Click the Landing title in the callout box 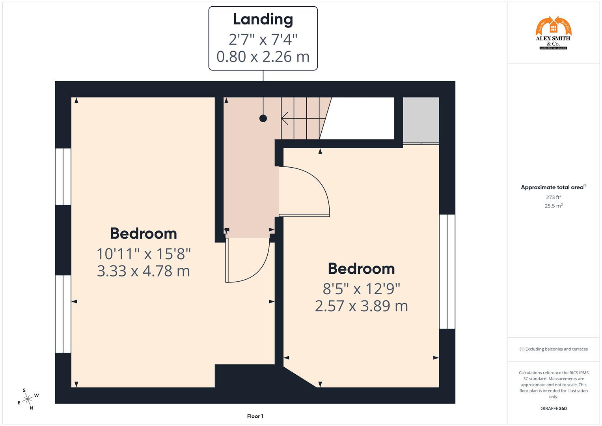(x=263, y=19)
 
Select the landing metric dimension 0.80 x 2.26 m (x=263, y=57)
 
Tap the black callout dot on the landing (x=263, y=118)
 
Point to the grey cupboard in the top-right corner (x=421, y=120)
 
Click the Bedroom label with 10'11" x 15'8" (x=143, y=234)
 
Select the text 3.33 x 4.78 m (x=143, y=271)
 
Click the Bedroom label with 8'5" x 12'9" (x=361, y=269)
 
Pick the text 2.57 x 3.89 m (x=361, y=306)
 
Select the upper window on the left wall (x=63, y=176)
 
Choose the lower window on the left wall (x=63, y=314)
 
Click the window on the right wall (x=447, y=271)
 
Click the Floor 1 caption (x=255, y=416)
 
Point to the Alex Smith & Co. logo (x=553, y=33)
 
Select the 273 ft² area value (x=553, y=197)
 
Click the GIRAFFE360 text (x=553, y=409)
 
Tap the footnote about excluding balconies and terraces (x=553, y=349)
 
